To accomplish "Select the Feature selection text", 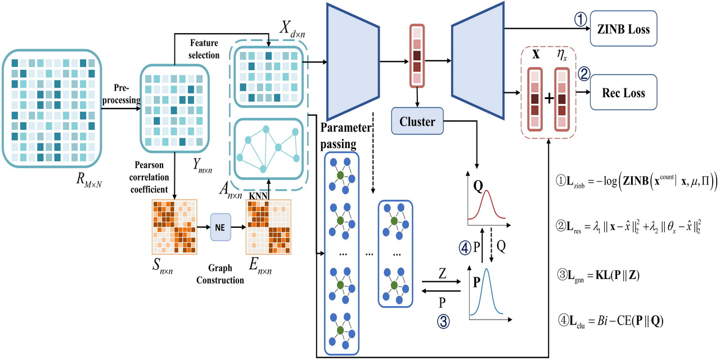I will (x=205, y=48).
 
